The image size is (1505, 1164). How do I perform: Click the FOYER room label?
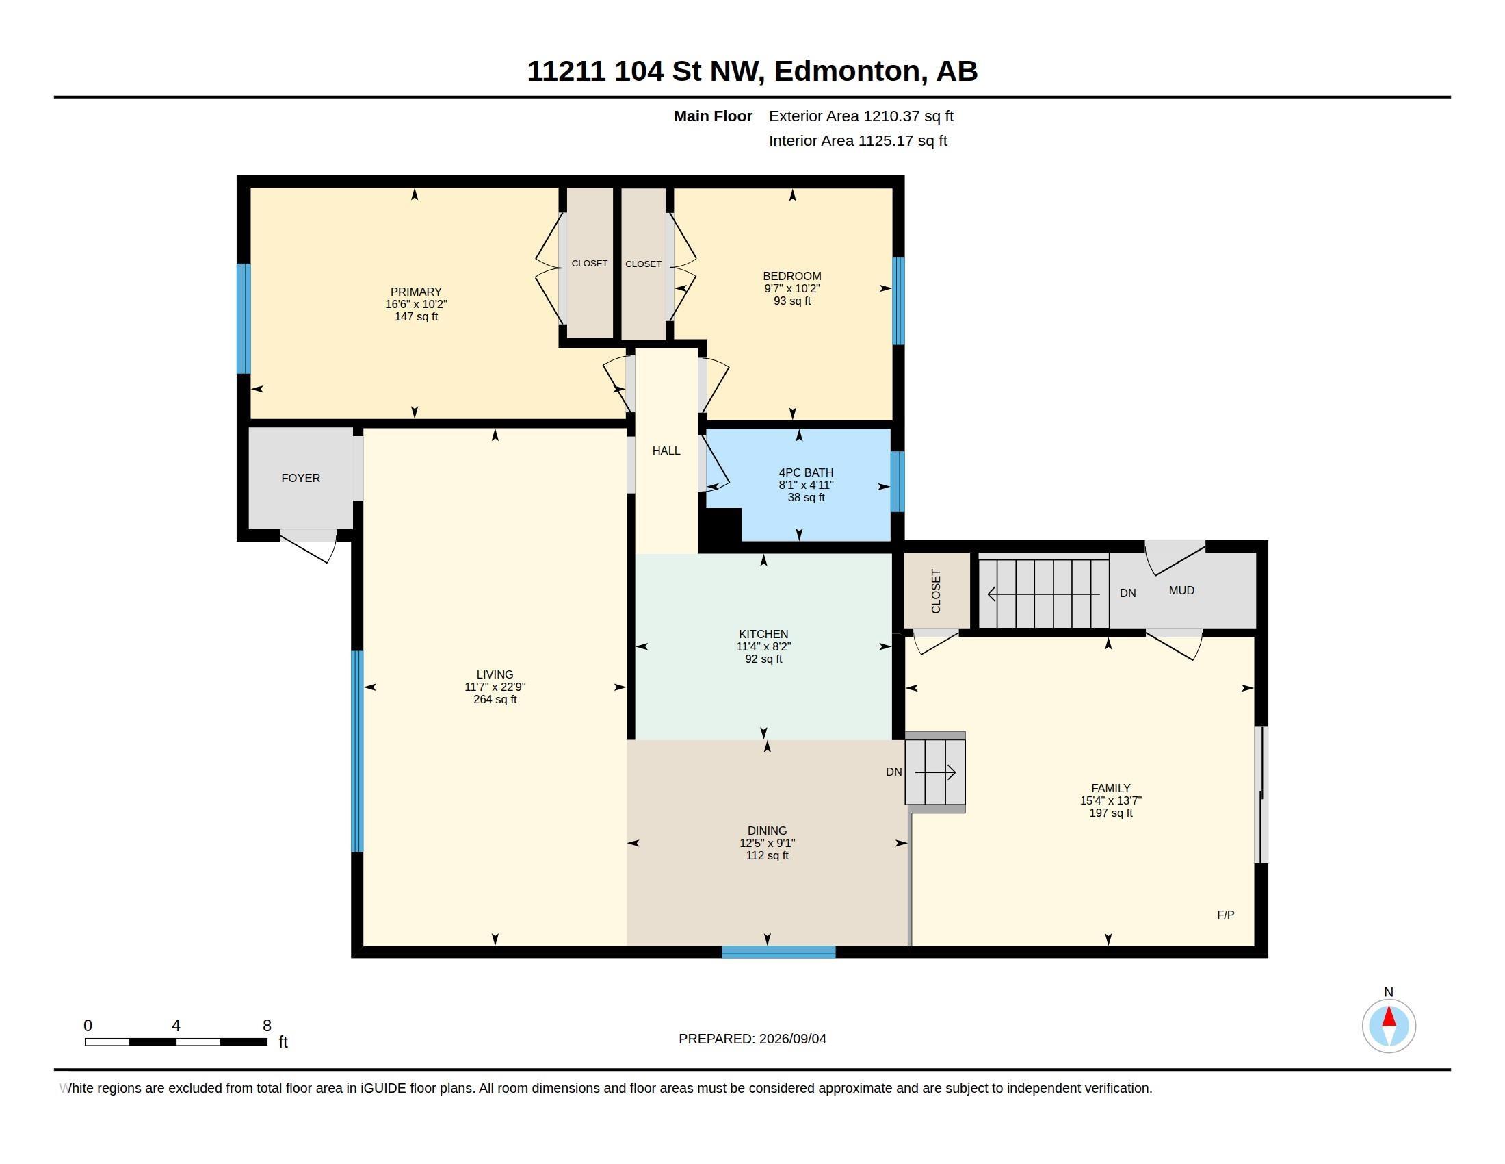point(300,478)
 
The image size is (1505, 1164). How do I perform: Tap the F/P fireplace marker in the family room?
point(1225,915)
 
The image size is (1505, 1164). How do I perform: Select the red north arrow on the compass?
point(1389,1016)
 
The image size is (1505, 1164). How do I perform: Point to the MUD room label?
point(1181,590)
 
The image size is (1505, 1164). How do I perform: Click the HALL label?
point(666,451)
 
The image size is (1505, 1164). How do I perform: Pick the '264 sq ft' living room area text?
point(495,699)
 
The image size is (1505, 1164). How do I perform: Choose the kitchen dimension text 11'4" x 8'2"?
point(763,647)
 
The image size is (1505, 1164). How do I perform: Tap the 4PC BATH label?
point(807,472)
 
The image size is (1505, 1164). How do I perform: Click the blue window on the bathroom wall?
point(898,481)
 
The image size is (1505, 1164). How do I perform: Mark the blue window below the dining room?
point(778,952)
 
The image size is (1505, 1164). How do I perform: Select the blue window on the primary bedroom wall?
point(244,318)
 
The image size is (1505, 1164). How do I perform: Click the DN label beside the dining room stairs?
point(894,772)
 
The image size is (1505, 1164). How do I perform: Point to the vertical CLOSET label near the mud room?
point(935,592)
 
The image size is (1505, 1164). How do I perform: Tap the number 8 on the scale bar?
point(267,1026)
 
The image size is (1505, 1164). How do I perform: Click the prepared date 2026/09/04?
point(792,1039)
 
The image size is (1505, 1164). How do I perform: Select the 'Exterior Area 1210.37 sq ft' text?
point(861,116)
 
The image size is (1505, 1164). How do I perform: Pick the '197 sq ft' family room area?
point(1111,813)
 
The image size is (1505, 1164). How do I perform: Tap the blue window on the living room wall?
point(357,752)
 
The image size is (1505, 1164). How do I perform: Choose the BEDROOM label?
point(791,276)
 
